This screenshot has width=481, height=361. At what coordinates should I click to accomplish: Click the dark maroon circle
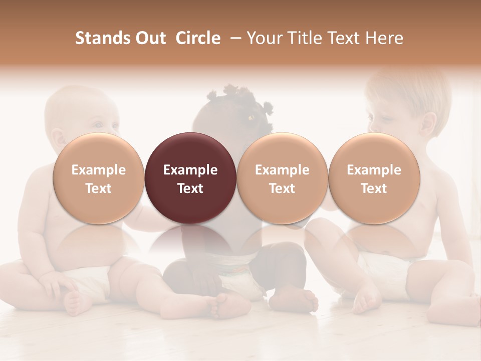click(x=190, y=178)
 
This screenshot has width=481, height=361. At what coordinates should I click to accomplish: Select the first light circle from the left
click(x=99, y=178)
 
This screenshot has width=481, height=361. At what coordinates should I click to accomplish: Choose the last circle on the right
click(x=374, y=178)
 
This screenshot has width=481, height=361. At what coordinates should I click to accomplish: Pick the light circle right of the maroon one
click(x=282, y=178)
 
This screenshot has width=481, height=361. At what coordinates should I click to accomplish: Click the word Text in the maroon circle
click(x=190, y=189)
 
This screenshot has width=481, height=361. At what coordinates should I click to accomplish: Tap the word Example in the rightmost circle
click(x=374, y=170)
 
